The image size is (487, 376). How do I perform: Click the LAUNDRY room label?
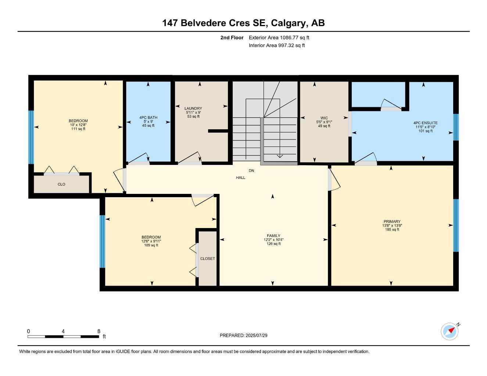193,108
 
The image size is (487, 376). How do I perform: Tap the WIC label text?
324,118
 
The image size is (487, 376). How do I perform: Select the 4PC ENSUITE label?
426,123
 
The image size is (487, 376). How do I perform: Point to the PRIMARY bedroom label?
392,221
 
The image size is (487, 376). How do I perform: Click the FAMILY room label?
273,236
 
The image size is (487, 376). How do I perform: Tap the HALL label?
241,178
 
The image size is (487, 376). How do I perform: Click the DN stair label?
251,171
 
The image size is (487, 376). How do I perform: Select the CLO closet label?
61,184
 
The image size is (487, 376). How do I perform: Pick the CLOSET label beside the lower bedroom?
208,258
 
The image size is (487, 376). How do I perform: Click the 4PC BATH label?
148,117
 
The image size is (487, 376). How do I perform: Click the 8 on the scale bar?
99,331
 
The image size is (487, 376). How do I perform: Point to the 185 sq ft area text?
392,229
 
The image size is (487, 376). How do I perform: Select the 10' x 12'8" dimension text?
78,125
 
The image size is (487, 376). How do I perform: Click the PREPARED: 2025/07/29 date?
244,335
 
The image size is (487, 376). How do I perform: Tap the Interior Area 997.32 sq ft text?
277,46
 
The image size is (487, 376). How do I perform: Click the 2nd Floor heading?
232,37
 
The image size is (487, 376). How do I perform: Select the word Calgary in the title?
288,23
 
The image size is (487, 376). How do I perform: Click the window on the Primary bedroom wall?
456,225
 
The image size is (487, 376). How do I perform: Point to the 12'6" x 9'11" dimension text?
151,241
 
